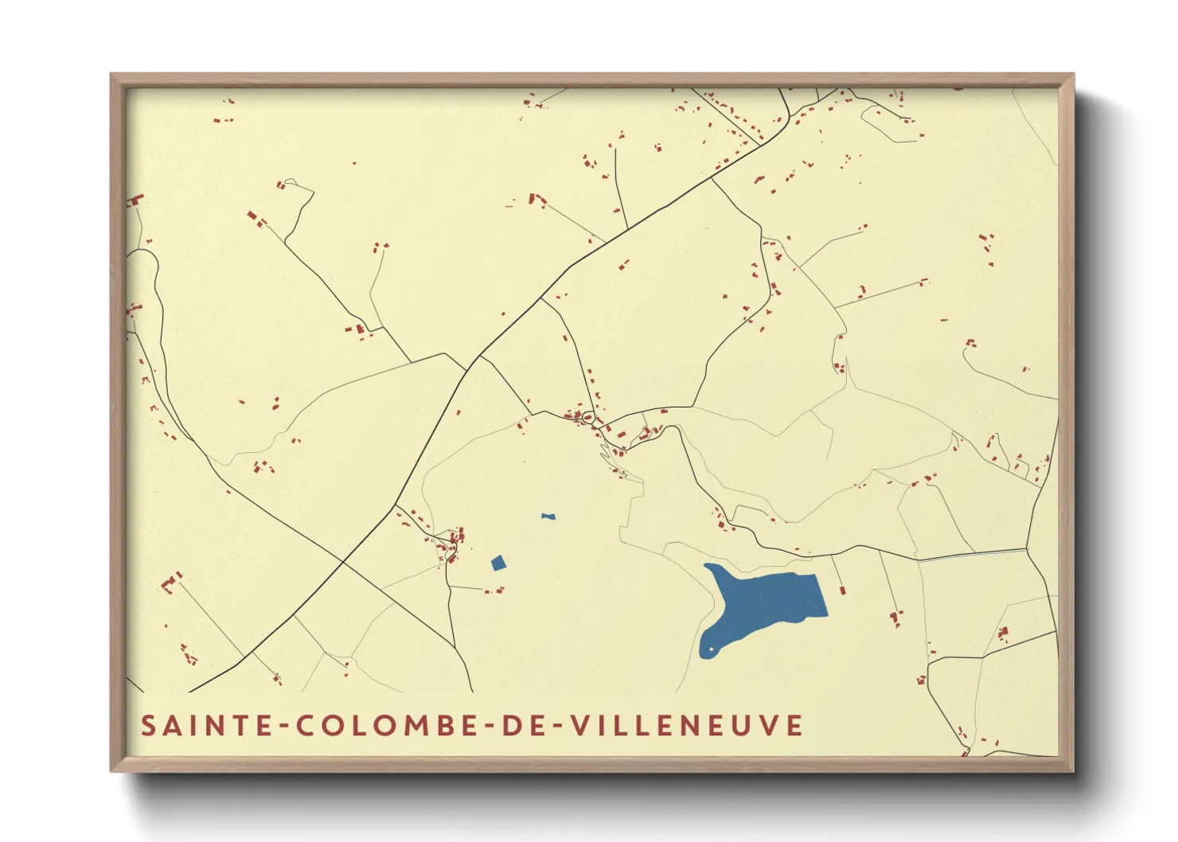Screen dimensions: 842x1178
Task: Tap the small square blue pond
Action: pyautogui.click(x=498, y=563)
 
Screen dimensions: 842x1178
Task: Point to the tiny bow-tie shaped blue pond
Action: pyautogui.click(x=548, y=517)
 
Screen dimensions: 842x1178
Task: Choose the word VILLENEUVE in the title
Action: pyautogui.click(x=688, y=726)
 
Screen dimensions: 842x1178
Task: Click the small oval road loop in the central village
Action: pyautogui.click(x=588, y=416)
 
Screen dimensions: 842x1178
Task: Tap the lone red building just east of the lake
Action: pyautogui.click(x=842, y=590)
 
